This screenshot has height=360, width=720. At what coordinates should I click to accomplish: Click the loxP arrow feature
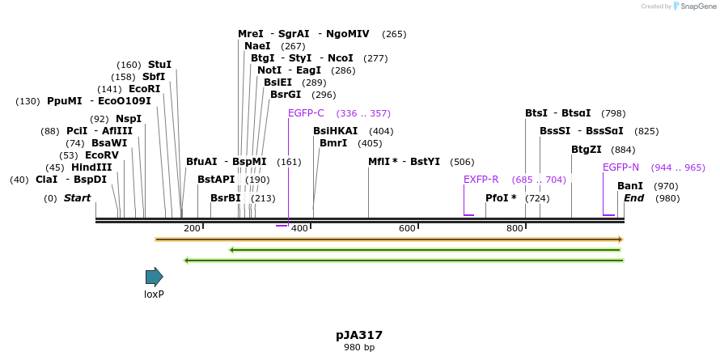point(154,277)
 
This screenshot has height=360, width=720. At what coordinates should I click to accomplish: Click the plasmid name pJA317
point(359,335)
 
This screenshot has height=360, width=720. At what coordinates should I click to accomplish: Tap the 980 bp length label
point(359,348)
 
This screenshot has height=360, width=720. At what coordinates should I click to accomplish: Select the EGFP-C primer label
point(306,113)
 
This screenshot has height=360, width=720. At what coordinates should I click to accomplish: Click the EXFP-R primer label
point(481,180)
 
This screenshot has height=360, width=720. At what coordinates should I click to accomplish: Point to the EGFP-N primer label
point(620,167)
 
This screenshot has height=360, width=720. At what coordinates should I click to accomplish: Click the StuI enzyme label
point(159,65)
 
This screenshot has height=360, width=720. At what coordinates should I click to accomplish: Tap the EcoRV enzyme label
point(102,155)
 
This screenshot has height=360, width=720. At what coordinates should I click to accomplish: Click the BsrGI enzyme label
point(286,95)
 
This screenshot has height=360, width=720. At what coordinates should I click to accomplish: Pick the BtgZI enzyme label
point(587,150)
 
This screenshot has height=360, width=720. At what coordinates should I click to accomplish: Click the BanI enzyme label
point(630,186)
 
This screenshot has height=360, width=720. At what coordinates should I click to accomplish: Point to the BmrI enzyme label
point(333,143)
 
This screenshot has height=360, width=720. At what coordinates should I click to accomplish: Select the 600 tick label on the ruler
point(407,229)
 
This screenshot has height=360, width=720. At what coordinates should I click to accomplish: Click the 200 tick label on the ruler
point(192,229)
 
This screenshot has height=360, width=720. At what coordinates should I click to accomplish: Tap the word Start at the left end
point(77,198)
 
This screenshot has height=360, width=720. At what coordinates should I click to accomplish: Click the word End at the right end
point(633,198)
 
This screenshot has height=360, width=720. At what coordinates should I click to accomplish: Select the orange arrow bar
point(388,239)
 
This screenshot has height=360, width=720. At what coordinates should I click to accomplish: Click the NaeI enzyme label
point(257,46)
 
